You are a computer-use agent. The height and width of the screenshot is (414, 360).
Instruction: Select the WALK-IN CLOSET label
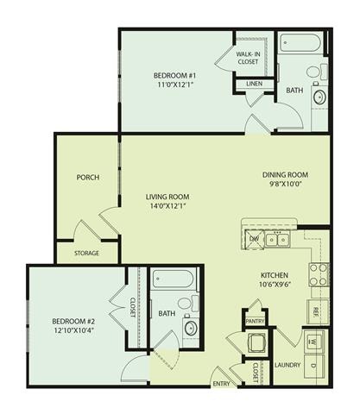(x=249, y=58)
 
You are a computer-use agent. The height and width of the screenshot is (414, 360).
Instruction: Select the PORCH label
(x=87, y=178)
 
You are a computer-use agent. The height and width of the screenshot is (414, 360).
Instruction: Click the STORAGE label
(x=86, y=254)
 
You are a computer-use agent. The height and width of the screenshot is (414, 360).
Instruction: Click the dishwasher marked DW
(x=254, y=239)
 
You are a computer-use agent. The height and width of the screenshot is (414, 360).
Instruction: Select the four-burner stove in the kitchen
(x=318, y=274)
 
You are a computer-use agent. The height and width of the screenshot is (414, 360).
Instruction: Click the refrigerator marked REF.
(x=315, y=310)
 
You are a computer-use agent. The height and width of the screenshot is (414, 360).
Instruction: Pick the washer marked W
(x=314, y=341)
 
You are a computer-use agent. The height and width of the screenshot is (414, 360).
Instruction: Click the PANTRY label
(x=256, y=320)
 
